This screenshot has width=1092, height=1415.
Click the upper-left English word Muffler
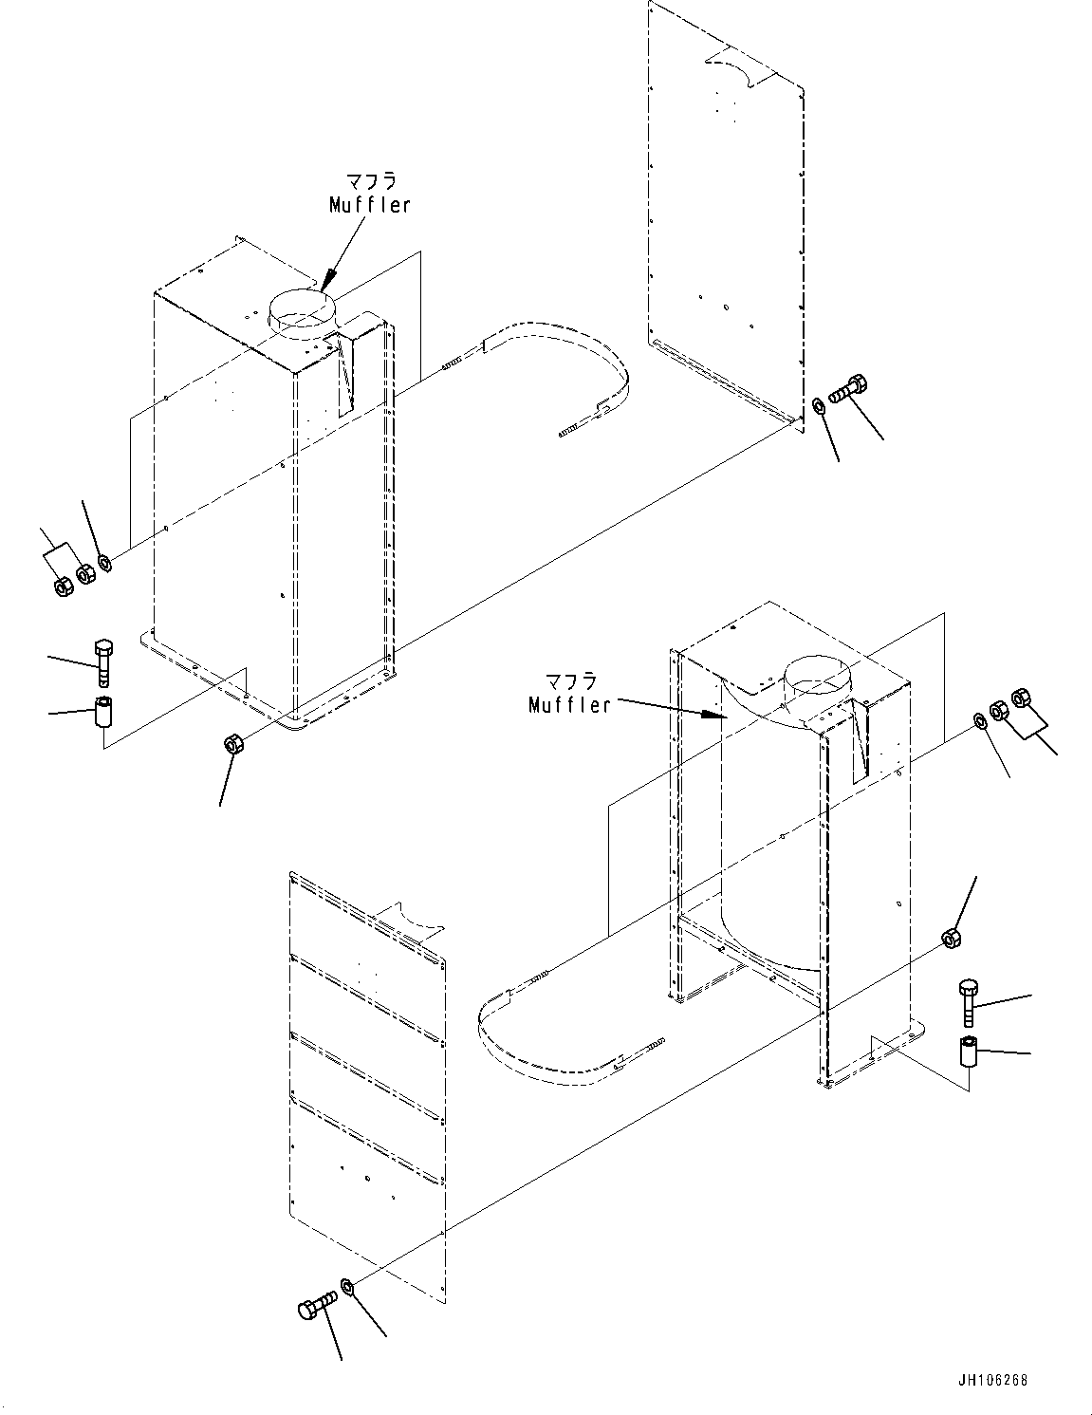(x=370, y=205)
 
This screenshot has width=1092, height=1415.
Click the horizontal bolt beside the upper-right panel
(x=850, y=390)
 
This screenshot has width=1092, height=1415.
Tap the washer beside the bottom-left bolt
(x=348, y=1287)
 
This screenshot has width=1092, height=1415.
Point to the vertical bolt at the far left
(x=103, y=661)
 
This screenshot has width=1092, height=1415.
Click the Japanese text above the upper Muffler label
(x=370, y=181)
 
